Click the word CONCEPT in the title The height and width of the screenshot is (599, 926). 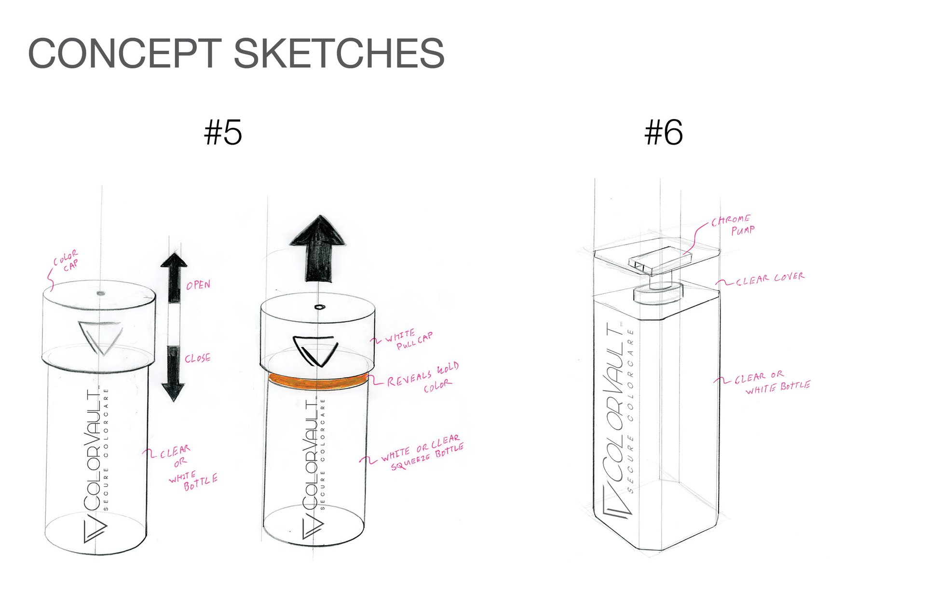pos(125,53)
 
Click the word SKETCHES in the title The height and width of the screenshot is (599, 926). pos(339,53)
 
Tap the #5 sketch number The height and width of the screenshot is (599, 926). pos(223,133)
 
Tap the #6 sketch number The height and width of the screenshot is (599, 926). pos(664,133)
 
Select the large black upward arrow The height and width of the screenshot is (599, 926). pos(318,249)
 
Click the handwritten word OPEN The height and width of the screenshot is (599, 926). pos(198,285)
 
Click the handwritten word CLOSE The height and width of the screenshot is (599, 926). pos(198,358)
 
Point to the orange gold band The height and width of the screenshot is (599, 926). pos(318,381)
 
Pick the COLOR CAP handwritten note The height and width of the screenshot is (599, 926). pos(66,261)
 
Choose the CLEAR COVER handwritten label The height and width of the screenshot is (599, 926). pos(770,279)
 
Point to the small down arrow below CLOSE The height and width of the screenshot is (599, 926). pos(173,374)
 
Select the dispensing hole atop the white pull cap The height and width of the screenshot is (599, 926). pos(319,307)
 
